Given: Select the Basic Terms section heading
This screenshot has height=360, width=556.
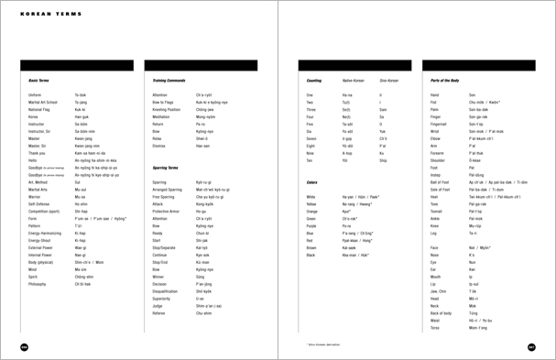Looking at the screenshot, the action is (38, 81).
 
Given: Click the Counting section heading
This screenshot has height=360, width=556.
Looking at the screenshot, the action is (313, 81).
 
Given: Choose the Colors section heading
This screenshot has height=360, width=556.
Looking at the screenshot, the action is (311, 182).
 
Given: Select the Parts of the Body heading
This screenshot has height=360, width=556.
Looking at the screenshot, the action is (445, 81).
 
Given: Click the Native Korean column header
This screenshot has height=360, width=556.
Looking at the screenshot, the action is (354, 81).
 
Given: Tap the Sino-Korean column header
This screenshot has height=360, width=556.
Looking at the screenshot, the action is (389, 81).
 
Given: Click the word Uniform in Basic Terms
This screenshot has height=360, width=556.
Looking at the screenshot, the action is (35, 94).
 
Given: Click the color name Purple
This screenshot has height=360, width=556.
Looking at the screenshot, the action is (311, 224).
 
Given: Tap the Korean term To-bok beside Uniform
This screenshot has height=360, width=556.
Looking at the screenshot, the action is (80, 94).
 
